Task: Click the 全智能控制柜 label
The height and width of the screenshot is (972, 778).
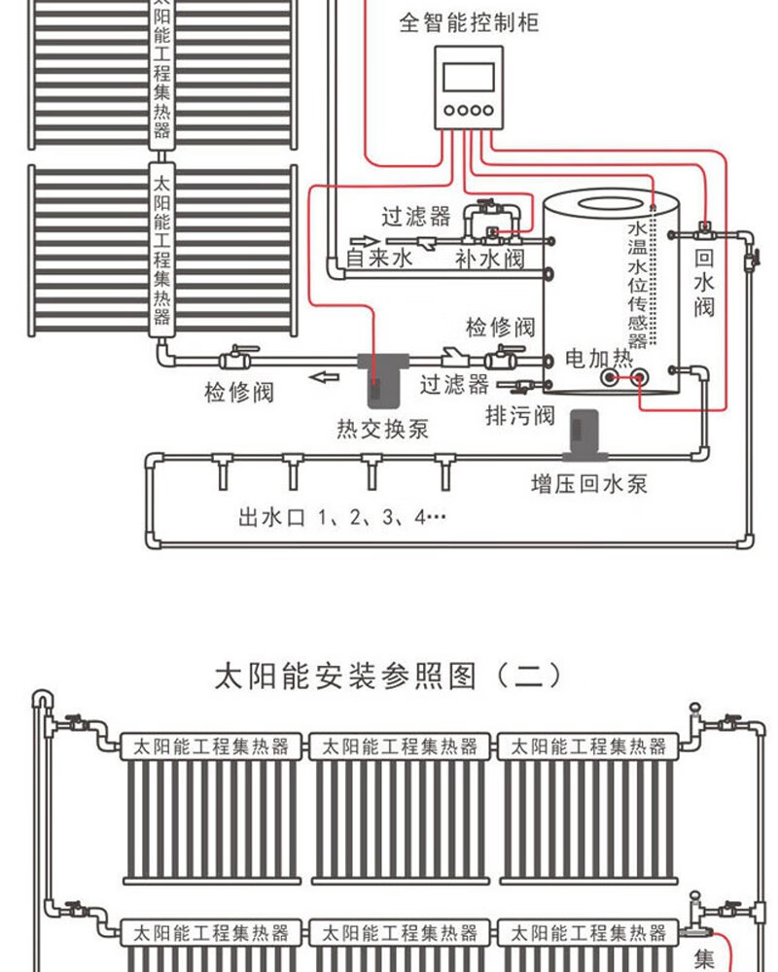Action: (469, 22)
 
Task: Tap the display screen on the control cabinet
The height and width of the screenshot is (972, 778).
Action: (469, 76)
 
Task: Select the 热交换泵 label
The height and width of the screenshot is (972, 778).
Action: (383, 429)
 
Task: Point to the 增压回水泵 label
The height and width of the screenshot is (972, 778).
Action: (589, 483)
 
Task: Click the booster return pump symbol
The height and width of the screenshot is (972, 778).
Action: (584, 434)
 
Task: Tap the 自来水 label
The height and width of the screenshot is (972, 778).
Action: (379, 258)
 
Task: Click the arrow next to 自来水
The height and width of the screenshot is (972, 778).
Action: (364, 241)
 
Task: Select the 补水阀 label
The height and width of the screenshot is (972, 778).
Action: (490, 258)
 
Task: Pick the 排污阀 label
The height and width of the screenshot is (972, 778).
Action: (520, 415)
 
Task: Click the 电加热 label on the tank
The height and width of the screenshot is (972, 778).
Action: (599, 358)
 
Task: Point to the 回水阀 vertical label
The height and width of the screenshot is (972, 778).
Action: (703, 283)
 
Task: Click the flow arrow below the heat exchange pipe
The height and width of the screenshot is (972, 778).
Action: (325, 377)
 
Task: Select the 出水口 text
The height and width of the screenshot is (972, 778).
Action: (271, 517)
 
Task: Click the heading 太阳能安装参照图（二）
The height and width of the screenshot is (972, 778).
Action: (389, 676)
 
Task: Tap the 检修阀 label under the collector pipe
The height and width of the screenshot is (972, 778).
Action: (239, 392)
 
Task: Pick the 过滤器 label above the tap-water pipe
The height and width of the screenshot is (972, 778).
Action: (415, 217)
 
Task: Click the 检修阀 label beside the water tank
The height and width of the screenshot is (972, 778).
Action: (500, 327)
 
